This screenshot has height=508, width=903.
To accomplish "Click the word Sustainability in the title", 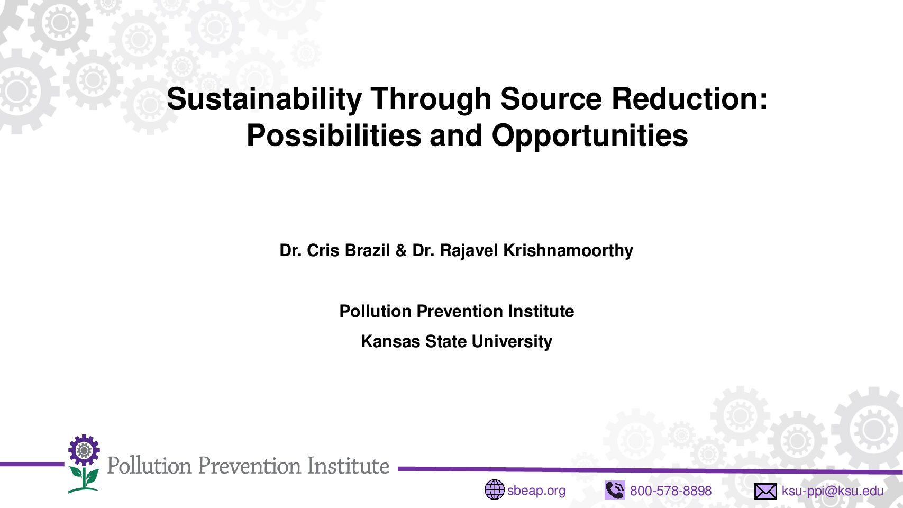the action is (264, 99).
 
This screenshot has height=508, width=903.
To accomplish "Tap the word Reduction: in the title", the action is (689, 99).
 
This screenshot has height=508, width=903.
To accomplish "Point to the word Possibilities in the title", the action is (334, 135).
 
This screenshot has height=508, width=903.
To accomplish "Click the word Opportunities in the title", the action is (590, 136).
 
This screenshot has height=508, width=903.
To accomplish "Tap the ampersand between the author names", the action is (400, 251).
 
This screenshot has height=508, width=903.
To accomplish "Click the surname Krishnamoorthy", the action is (568, 251).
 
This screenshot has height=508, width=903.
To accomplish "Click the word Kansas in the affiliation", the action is (390, 341).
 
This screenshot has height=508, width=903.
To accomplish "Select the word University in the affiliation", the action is (512, 342).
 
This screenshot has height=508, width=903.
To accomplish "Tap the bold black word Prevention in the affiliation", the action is (460, 311).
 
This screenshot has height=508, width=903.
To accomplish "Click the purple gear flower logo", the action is (84, 450).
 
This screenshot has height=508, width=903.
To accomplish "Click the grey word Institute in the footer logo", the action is (348, 466).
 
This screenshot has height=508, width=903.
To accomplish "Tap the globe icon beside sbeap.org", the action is (494, 490).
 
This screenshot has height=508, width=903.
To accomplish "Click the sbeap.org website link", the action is (536, 491).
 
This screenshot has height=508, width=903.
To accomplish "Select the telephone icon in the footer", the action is (615, 490).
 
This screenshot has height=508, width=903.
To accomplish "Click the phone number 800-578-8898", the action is (671, 491).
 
